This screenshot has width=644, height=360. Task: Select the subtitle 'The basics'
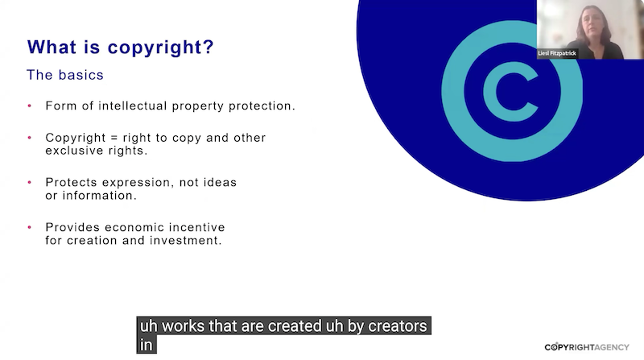pyautogui.click(x=65, y=75)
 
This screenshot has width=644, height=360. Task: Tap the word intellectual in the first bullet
pyautogui.click(x=133, y=106)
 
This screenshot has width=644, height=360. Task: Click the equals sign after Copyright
pyautogui.click(x=114, y=138)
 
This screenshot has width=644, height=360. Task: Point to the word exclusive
pyautogui.click(x=75, y=151)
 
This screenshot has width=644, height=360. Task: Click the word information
pyautogui.click(x=99, y=195)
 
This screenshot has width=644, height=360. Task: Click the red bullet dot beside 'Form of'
pyautogui.click(x=30, y=106)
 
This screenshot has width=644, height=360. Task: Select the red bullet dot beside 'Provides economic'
pyautogui.click(x=30, y=227)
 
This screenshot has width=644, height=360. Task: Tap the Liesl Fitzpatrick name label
pyautogui.click(x=557, y=53)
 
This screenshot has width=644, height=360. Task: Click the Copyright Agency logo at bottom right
pyautogui.click(x=587, y=347)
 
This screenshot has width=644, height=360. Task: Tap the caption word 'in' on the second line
pyautogui.click(x=147, y=345)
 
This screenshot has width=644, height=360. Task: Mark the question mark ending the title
pyautogui.click(x=208, y=47)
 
